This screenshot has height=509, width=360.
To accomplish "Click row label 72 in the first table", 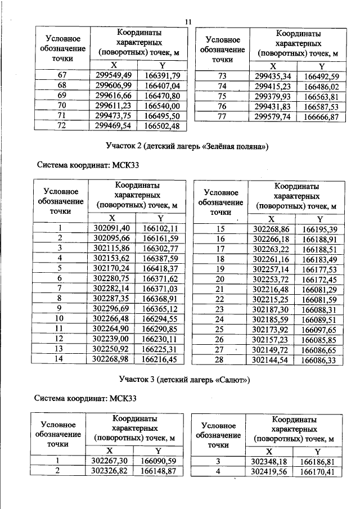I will click(62, 125).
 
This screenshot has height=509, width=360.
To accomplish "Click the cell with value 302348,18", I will click(269, 461).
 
